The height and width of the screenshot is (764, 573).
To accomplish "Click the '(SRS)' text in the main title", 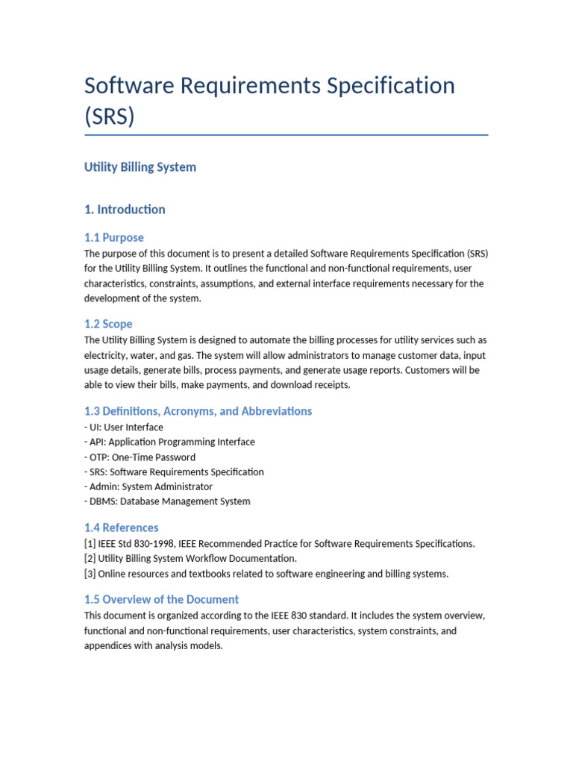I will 110,117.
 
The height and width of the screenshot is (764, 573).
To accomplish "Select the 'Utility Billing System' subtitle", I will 140,167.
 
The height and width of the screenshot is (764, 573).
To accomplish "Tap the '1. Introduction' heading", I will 125,210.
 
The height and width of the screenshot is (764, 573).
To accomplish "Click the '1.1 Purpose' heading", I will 114,238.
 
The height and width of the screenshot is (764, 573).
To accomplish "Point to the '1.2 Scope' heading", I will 108,325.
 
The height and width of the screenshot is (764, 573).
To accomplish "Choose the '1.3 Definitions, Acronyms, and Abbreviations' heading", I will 198,412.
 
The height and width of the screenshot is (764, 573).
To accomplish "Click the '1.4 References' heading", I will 121,528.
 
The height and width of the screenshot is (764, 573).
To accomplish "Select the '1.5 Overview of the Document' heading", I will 161,600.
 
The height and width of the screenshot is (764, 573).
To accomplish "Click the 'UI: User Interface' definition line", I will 124,428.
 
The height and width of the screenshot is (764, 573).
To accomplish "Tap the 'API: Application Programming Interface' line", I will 169,442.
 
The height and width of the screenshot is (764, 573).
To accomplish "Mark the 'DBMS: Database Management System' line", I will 167,501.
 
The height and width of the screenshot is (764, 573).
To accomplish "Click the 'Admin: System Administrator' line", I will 148,486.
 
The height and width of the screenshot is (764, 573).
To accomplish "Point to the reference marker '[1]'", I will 90,544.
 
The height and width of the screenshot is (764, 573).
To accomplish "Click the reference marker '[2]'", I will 90,559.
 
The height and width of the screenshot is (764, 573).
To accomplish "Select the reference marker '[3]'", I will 90,574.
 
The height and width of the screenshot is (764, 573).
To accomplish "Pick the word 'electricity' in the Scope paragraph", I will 104,356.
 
